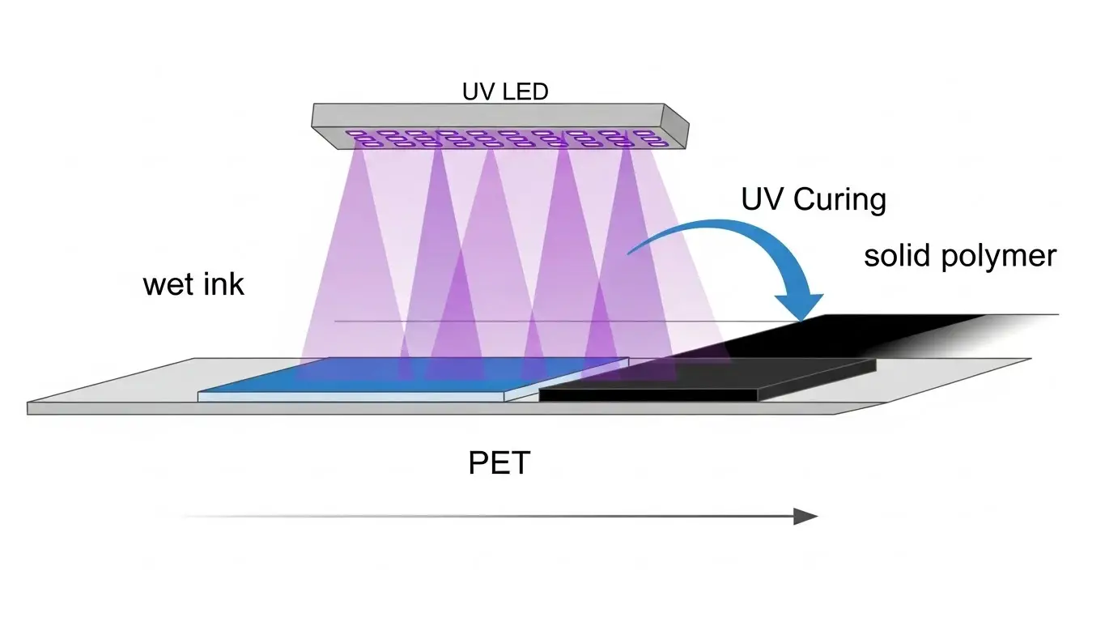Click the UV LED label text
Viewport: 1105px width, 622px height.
(505, 92)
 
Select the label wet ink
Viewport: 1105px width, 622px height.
(193, 284)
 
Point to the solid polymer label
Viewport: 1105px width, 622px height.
(959, 256)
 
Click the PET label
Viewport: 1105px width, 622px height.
(499, 463)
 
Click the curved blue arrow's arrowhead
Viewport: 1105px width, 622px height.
(801, 304)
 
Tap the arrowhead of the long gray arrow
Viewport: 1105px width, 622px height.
(805, 517)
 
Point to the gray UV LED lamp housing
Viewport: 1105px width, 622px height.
(486, 114)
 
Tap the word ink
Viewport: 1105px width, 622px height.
(223, 284)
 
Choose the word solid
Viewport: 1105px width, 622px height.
(897, 256)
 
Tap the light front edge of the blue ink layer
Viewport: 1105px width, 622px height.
(356, 397)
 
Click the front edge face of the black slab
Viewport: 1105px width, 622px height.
(648, 394)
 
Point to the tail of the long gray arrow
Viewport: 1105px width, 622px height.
(190, 516)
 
